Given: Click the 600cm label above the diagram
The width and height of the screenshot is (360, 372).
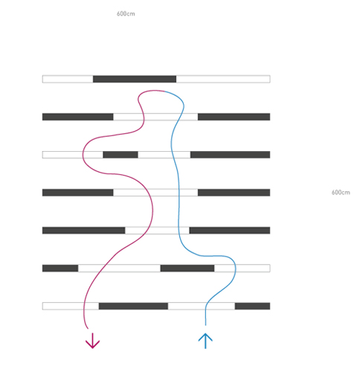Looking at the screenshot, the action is [126, 13].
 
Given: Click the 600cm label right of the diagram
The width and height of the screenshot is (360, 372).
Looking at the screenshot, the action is [341, 192].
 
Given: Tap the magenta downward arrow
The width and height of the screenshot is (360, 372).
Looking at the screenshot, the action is [92, 341].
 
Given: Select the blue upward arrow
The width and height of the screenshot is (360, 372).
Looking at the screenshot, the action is [205, 341].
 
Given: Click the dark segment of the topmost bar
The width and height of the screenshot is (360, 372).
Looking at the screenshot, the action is [135, 79].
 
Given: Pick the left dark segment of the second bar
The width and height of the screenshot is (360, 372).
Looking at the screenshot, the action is [78, 117].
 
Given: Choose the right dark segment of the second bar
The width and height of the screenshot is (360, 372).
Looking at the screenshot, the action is [234, 117].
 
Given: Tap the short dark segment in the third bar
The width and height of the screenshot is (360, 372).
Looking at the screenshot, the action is [120, 155].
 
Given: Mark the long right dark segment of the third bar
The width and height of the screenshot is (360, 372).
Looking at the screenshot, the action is [230, 155].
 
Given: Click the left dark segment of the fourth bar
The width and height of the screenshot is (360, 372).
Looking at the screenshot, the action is [78, 193].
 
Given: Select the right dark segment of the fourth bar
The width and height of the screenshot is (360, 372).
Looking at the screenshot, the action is [234, 193].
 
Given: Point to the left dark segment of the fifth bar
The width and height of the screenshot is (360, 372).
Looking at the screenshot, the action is [84, 231].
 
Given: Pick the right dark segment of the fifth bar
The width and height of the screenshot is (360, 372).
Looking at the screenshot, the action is [230, 231].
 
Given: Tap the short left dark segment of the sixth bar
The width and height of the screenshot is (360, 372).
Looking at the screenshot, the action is [60, 268].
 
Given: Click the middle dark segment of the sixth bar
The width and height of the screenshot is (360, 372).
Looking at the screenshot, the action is [187, 268].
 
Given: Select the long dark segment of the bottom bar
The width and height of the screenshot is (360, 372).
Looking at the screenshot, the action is [133, 306].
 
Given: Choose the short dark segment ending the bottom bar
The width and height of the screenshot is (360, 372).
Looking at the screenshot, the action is [252, 306].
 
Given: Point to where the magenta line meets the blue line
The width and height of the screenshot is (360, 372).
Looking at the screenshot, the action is [164, 92].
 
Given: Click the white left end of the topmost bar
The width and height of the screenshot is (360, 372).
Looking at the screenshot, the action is [68, 79].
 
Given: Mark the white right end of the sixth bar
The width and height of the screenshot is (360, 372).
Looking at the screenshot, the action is [242, 268].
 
